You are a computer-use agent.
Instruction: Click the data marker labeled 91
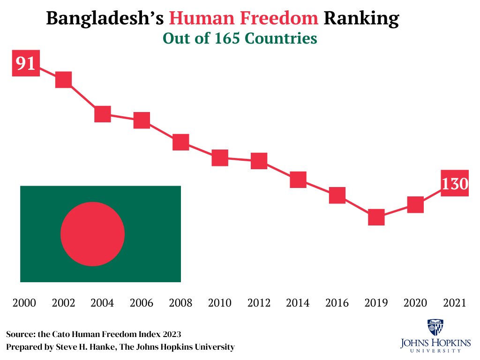25,63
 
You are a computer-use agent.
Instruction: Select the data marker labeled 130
455,183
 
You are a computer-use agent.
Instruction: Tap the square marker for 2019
376,217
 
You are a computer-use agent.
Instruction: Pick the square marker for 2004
102,114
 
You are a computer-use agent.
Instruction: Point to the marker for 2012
259,161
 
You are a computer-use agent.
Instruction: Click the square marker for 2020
415,204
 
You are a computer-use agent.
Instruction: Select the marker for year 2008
180,142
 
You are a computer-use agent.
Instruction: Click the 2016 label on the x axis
337,303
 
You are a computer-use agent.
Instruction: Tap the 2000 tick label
24,303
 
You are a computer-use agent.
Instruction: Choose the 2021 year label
454,303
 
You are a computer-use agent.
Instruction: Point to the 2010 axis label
219,303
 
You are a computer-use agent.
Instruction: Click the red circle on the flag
93,234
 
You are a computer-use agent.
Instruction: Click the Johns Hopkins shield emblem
435,327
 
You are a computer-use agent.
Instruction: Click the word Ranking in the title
362,19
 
